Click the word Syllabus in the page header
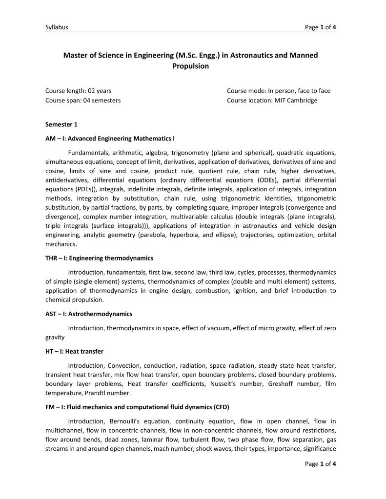[57, 27]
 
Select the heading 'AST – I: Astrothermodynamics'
[89, 314]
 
